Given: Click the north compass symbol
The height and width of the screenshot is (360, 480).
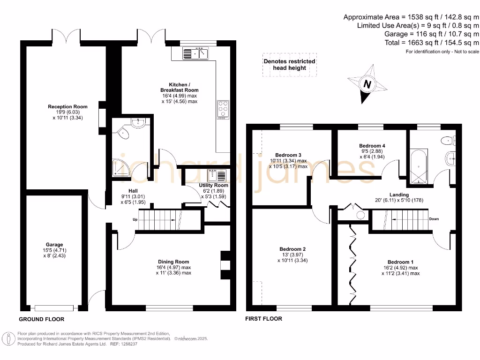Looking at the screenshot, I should coord(367,84).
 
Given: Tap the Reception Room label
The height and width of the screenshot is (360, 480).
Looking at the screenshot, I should coord(67,107).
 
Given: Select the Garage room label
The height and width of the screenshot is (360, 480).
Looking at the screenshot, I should coord(54,245).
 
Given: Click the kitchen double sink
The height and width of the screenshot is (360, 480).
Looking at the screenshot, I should coord(196,53).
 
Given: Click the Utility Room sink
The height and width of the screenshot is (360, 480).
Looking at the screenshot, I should coord(219,176).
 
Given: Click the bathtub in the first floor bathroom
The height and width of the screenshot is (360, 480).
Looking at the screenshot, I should coord(418,165).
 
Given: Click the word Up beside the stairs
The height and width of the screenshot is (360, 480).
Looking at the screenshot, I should coord(135,219).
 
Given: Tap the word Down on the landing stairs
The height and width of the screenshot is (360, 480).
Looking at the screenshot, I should coord(434,219).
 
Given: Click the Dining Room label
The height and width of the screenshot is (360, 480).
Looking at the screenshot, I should coord(173,262).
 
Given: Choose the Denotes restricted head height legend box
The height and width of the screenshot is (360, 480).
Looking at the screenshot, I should coord(289,65).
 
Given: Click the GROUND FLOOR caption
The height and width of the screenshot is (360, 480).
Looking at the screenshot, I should coord(41,319).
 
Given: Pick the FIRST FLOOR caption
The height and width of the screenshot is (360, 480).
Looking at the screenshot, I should coord(264,319).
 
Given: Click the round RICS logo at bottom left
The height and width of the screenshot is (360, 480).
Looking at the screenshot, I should coord(8,338).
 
